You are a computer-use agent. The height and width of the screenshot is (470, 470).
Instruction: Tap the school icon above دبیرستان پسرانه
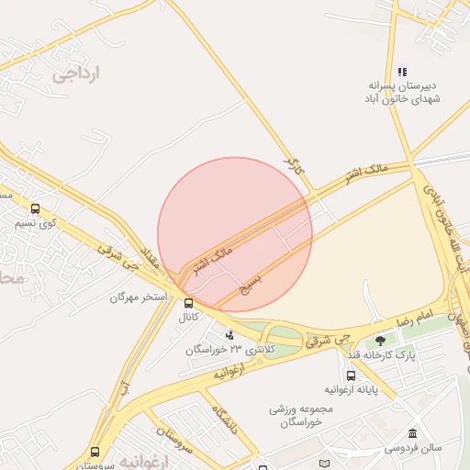point(402,72)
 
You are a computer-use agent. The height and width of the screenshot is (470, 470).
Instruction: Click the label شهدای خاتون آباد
point(404,97)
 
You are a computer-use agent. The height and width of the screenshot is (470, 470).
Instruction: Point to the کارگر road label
point(292,166)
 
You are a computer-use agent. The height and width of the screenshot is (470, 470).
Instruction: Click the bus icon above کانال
point(188,304)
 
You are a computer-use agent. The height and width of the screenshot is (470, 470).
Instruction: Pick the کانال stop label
point(188,317)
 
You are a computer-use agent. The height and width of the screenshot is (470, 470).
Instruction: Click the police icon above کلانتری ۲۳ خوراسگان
point(229,335)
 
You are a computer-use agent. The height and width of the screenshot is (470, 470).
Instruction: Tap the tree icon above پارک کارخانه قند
point(381,341)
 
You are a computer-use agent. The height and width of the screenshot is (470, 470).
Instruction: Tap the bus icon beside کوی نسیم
point(36,208)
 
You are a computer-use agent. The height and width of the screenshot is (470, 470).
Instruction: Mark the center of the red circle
point(235,235)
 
